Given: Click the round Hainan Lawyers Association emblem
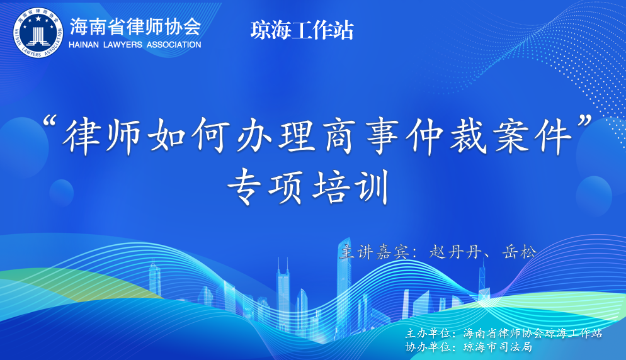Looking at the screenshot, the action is click(x=38, y=33).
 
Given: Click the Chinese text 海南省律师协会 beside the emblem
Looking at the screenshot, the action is click(x=135, y=26).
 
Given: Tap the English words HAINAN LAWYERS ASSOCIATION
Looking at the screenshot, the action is click(x=135, y=45).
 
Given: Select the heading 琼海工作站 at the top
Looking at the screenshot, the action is click(x=302, y=30).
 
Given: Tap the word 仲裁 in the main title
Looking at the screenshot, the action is click(x=447, y=136).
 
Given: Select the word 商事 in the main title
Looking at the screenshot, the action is click(x=360, y=136).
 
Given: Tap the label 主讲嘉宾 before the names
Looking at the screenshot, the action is click(x=373, y=252).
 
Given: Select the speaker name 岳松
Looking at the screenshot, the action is click(x=518, y=252).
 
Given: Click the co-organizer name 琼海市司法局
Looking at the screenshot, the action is click(x=498, y=347).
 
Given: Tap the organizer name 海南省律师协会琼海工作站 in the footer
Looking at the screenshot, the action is click(x=533, y=333).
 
